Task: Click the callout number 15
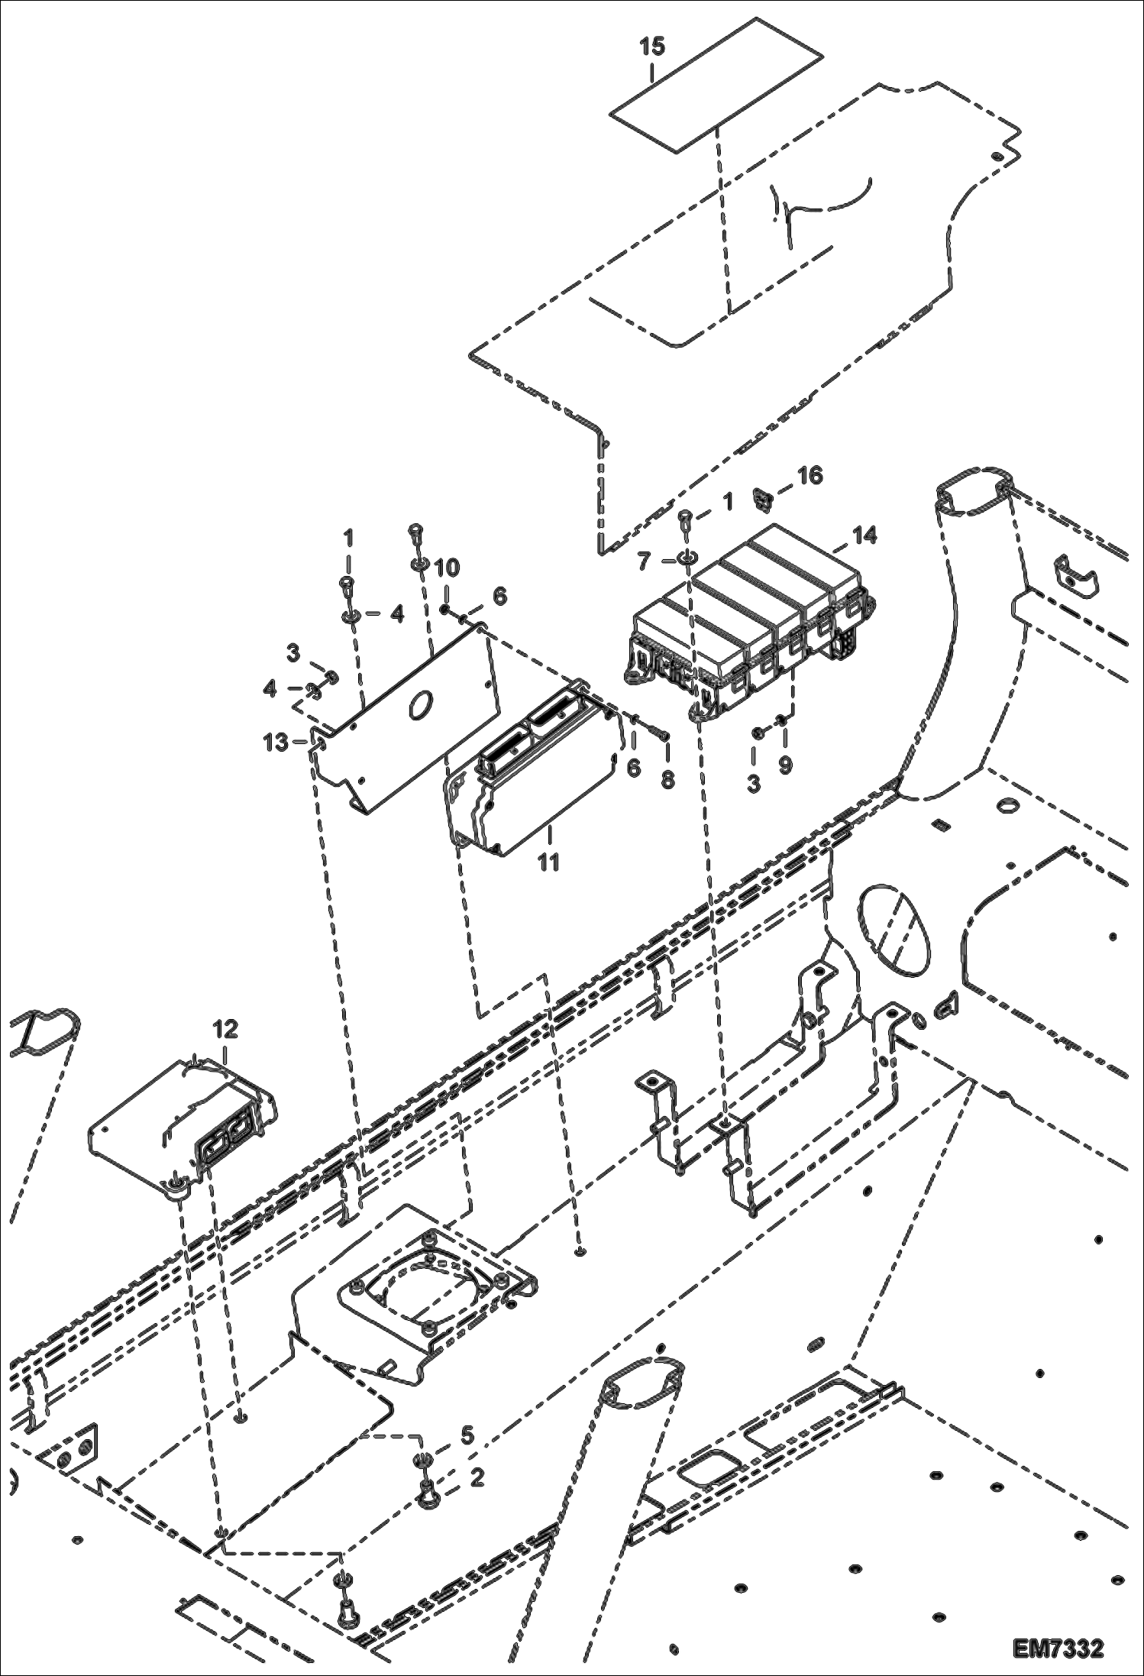[652, 47]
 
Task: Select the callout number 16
[810, 475]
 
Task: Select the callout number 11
[548, 862]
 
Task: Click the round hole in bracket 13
[420, 706]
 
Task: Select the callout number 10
[448, 568]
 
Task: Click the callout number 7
[643, 561]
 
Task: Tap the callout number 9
[785, 765]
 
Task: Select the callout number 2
[477, 1478]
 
